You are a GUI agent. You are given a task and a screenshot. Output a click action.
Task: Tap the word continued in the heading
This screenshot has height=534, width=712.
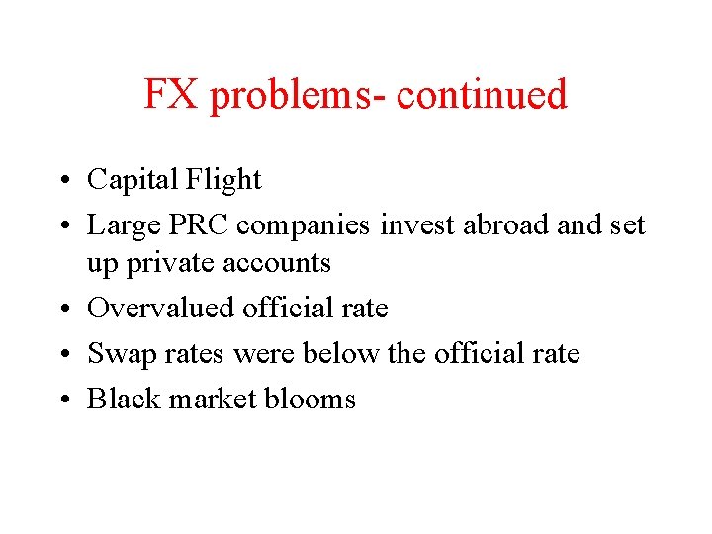(482, 95)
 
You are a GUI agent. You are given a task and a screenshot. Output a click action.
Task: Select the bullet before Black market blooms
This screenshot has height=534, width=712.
(74, 400)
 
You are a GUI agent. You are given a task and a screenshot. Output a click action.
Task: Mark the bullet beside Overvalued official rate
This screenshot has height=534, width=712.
(74, 310)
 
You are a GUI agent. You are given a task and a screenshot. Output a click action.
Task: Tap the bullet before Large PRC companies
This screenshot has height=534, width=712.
(74, 226)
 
